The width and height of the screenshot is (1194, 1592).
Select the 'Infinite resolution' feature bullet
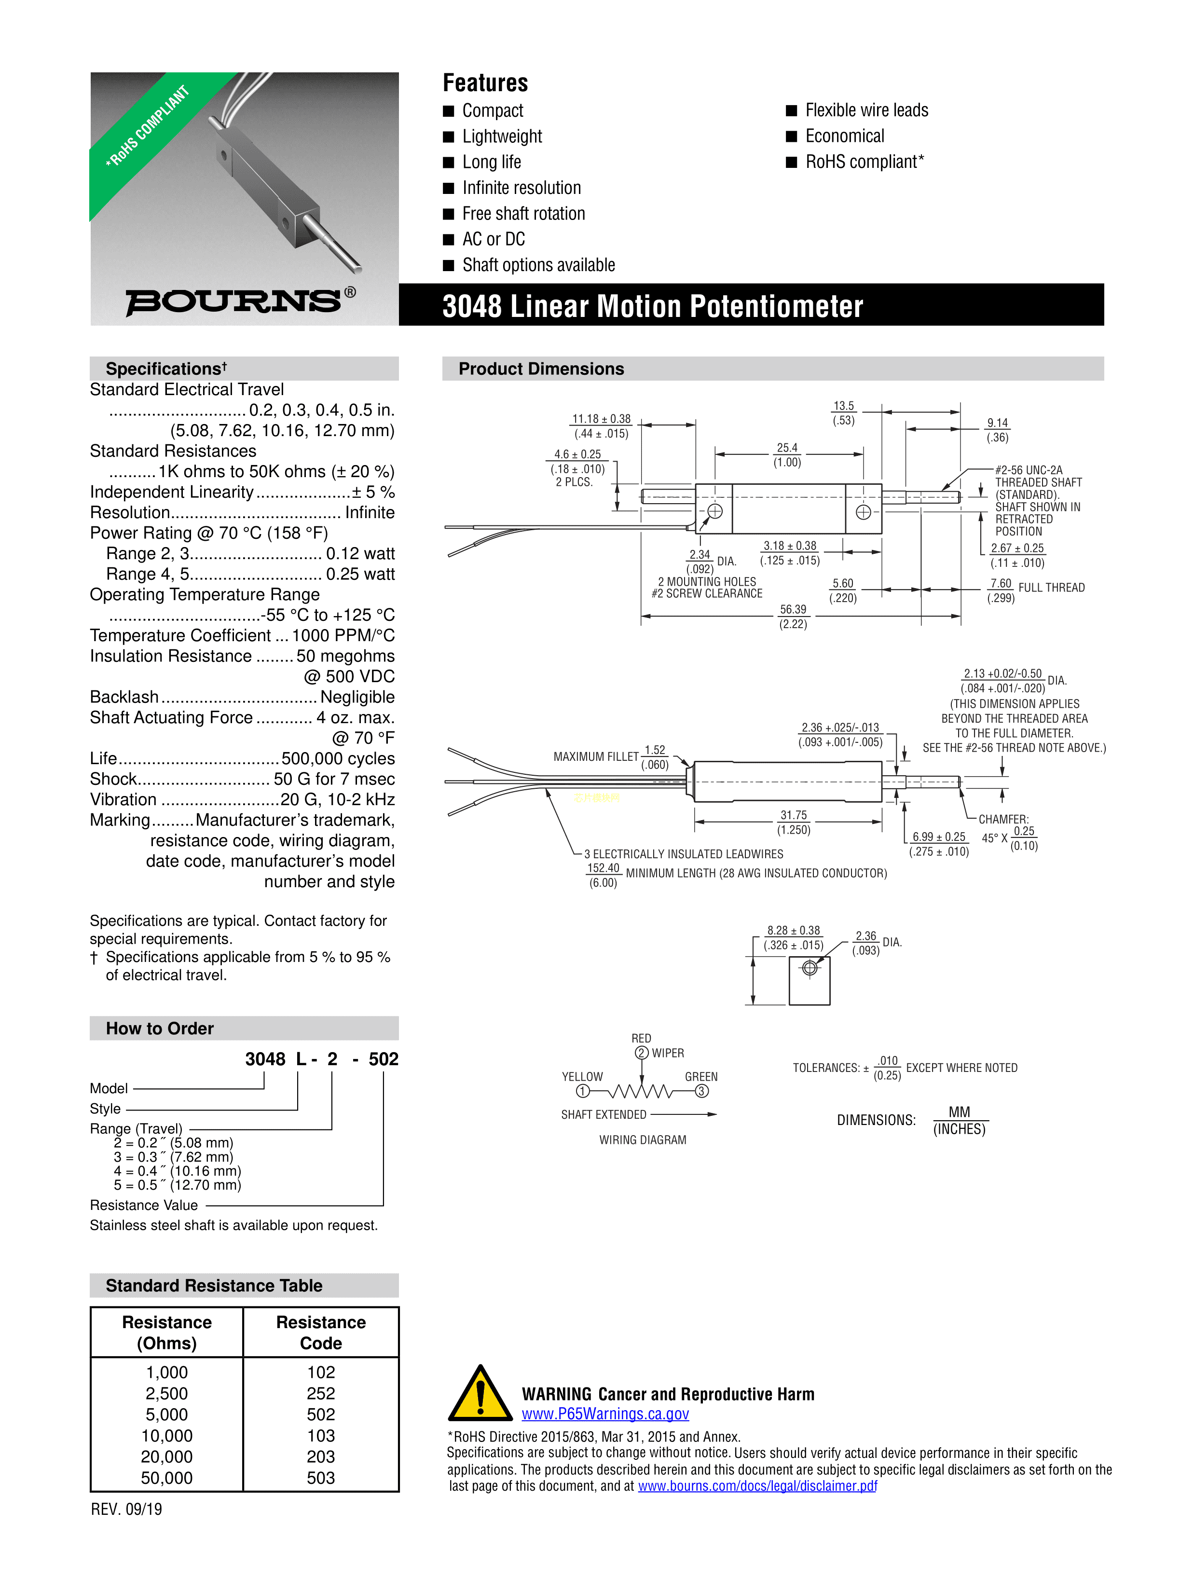click(x=521, y=188)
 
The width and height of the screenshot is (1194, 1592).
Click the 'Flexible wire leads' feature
click(x=866, y=110)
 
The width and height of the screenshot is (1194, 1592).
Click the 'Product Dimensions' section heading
click(x=541, y=369)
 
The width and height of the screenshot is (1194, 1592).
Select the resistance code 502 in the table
click(x=321, y=1414)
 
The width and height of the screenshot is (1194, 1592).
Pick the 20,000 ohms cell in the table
click(x=166, y=1456)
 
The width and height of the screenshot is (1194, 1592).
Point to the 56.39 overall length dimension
click(x=793, y=610)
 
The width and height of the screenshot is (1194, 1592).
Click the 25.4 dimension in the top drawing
click(x=787, y=448)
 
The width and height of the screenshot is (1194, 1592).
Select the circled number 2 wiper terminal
click(x=641, y=1053)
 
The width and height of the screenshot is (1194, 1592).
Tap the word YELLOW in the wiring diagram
click(x=582, y=1077)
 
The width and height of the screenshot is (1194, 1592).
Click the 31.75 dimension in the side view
click(x=793, y=815)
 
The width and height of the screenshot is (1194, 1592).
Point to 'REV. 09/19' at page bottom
click(x=127, y=1509)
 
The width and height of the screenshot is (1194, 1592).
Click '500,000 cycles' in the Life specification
click(x=338, y=758)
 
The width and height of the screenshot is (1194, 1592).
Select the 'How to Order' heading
click(x=160, y=1029)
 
